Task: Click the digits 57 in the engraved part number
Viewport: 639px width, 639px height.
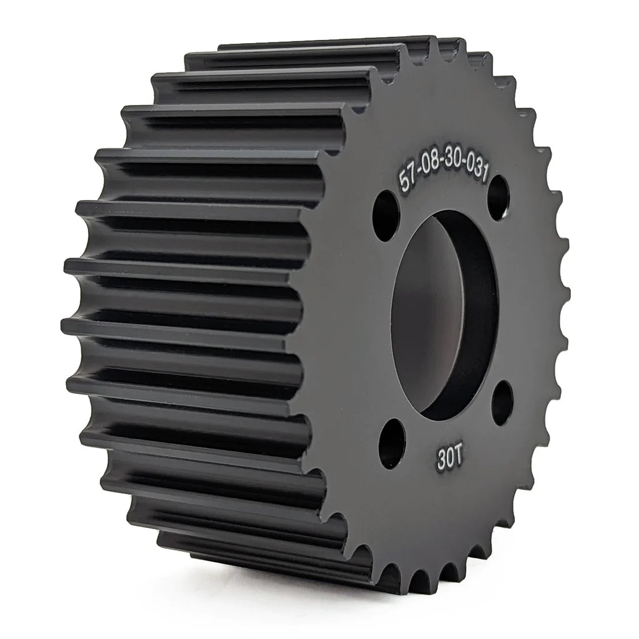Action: (408, 178)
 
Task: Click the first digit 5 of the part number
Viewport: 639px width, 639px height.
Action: (404, 181)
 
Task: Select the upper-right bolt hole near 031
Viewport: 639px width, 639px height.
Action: (498, 198)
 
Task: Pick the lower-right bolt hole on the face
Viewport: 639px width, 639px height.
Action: (502, 402)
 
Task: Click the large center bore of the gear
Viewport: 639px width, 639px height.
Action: (443, 315)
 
